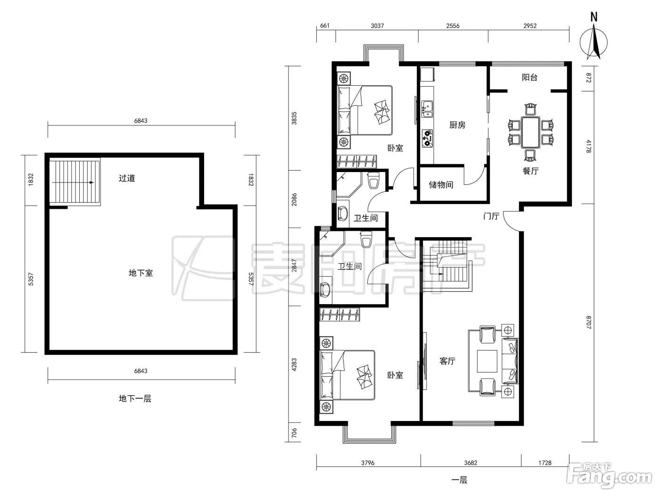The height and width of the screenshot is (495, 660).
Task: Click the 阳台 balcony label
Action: pos(529,77)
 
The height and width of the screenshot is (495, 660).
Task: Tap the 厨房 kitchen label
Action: pos(457,125)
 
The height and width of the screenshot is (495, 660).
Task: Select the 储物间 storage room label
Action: pos(441,184)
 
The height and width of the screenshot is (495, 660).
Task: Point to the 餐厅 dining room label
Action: pos(530,171)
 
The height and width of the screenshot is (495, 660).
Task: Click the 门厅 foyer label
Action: pos(491,216)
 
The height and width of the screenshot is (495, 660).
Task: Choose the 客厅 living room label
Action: pos(447,361)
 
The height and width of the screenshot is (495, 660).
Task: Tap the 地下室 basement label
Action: pos(140,273)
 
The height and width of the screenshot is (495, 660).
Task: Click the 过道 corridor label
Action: pos(127,178)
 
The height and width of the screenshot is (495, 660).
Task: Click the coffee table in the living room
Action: pos(487,361)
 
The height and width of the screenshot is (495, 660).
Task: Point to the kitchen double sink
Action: pos(427,109)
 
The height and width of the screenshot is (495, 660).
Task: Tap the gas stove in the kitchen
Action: pos(427,138)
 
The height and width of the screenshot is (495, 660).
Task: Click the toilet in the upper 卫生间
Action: pos(373,180)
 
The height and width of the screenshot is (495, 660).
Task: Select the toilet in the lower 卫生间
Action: pos(366,239)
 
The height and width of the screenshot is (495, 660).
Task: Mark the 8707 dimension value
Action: pos(588,322)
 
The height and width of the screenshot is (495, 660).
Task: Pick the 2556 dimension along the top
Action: pos(453,26)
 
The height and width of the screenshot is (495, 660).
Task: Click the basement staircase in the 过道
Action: pos(74,182)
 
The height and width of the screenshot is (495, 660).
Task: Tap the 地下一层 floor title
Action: pos(135,398)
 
